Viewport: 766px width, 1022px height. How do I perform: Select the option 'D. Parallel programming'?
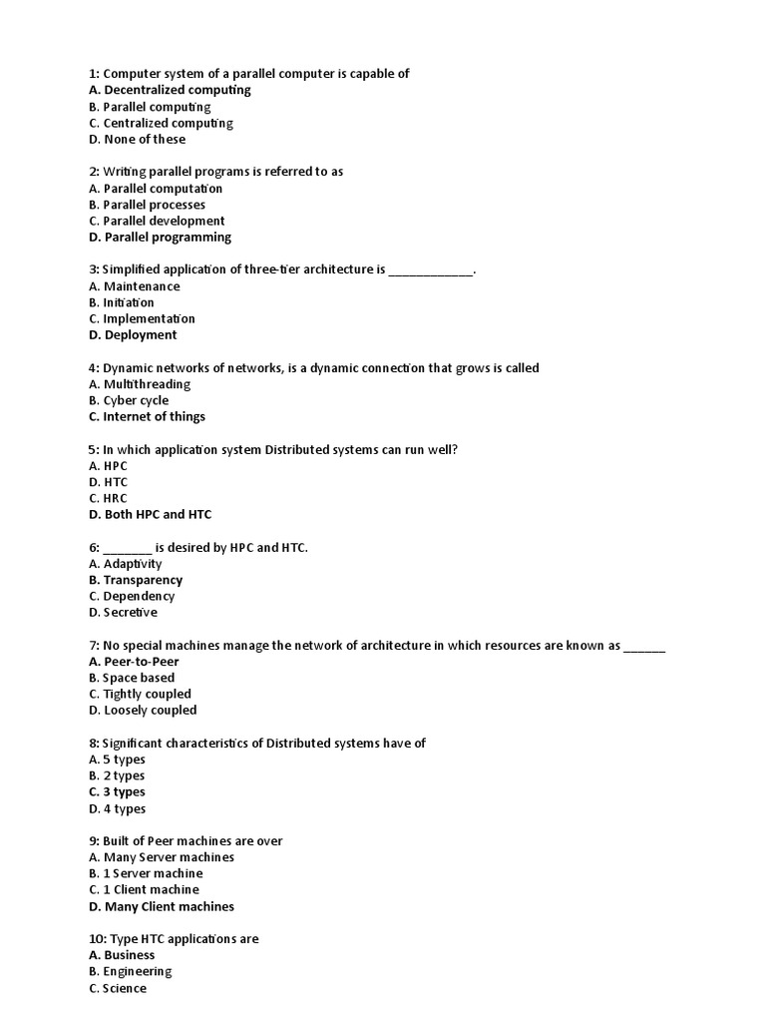coord(160,238)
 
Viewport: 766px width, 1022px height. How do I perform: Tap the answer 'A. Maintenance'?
coord(135,286)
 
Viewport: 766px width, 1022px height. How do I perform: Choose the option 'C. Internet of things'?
coord(147,417)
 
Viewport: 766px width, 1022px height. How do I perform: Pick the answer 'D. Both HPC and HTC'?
coord(150,515)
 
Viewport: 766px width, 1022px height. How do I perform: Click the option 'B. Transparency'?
coord(136,580)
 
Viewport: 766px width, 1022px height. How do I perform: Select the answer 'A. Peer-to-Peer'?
coord(134,662)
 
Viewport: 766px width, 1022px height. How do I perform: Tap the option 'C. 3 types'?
coord(117,792)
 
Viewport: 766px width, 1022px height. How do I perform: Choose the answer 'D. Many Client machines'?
coord(162,906)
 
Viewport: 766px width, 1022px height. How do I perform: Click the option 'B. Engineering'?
coord(130,971)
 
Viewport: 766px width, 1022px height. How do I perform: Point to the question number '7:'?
coord(94,646)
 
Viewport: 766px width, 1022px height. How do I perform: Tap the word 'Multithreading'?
coord(147,384)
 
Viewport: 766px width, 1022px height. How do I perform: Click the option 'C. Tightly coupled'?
coord(140,694)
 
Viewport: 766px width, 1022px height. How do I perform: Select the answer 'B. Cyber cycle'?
coord(129,400)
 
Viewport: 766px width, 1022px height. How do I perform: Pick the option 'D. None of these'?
coord(137,140)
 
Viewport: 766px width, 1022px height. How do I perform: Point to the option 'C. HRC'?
coord(108,498)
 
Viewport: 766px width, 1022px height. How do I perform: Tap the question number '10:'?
coord(97,939)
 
